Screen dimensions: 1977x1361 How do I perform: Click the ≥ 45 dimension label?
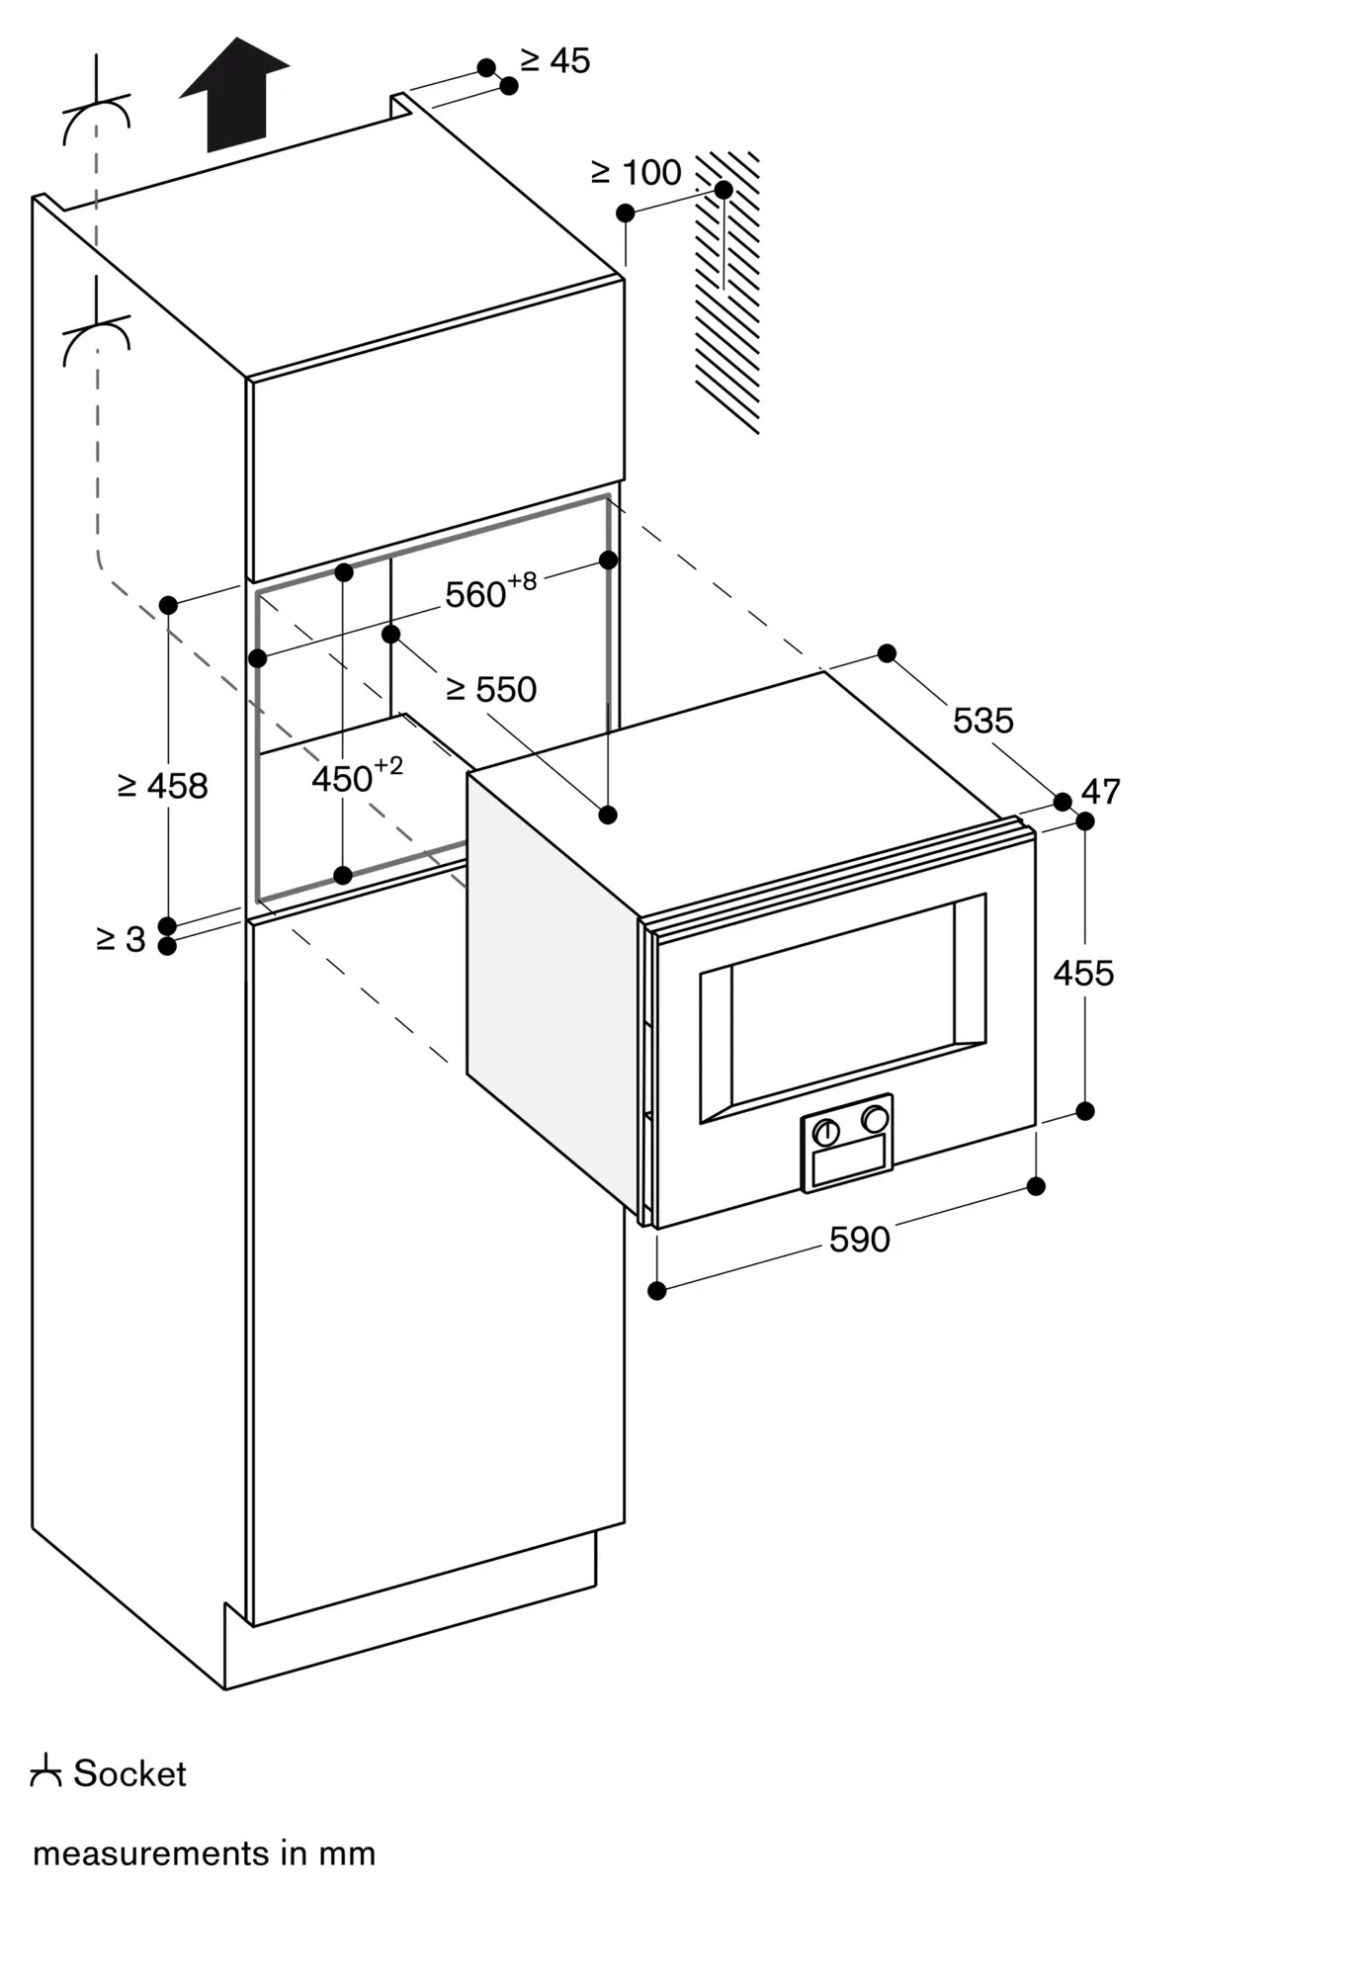coord(555,61)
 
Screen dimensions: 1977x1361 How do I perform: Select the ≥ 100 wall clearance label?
coord(637,173)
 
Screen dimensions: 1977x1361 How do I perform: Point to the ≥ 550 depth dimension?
coord(491,689)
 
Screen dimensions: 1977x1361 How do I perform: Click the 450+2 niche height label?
coord(357,777)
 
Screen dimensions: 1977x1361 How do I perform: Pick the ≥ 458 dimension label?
coord(163,786)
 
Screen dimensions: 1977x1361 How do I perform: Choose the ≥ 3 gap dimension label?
coord(121,939)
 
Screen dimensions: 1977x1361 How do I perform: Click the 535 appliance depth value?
coord(982,721)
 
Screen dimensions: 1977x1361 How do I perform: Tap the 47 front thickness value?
coord(1101,792)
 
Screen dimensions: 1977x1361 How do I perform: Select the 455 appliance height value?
coord(1083,974)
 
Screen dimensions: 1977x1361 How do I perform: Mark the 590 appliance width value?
coord(859,1240)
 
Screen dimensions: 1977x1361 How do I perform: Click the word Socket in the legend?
coord(129,1773)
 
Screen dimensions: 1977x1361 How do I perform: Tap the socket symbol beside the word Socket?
coord(45,1771)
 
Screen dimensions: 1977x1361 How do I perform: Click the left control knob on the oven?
coord(826,1133)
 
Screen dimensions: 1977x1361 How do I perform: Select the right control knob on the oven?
coord(874,1119)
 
